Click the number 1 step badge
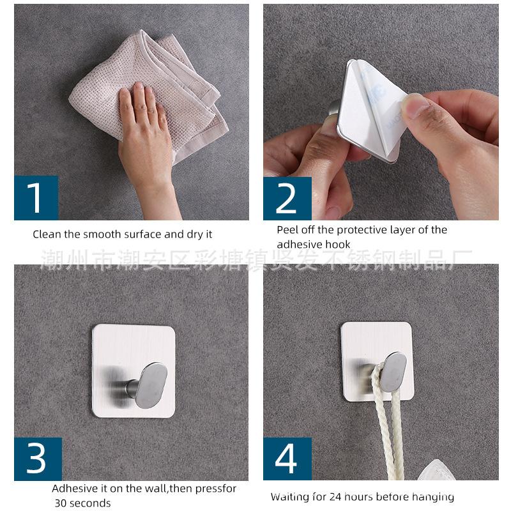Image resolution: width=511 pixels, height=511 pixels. pos(36,198)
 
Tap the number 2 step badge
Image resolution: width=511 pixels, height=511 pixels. pos(287,199)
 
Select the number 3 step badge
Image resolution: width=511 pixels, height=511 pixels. pos(38,459)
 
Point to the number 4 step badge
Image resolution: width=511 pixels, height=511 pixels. pos(287,459)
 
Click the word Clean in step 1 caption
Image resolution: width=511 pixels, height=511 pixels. pos(47,234)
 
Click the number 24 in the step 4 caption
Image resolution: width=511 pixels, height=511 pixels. pos(335,497)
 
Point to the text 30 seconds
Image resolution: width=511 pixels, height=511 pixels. pos(83,503)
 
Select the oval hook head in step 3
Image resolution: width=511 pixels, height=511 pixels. pos(151,386)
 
